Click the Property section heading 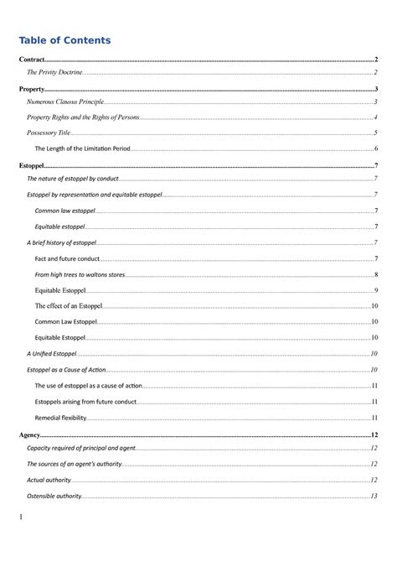(x=32, y=89)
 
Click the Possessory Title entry (x=49, y=133)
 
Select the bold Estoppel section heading (x=32, y=167)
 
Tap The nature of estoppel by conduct (x=73, y=179)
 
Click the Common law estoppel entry (x=65, y=211)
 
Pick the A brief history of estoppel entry (x=61, y=242)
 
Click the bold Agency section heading (x=30, y=436)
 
